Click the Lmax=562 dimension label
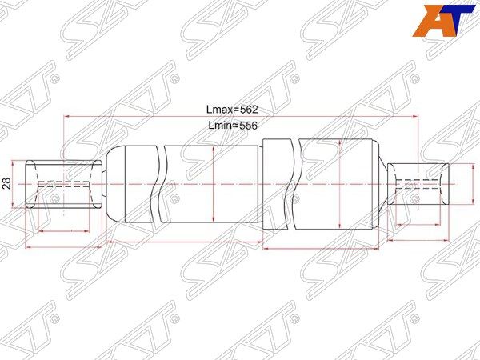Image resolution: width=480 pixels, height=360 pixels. (232, 110)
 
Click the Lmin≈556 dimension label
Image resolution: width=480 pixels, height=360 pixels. (233, 126)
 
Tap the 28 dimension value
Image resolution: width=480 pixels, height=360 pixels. (7, 183)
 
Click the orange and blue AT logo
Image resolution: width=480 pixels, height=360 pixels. (442, 21)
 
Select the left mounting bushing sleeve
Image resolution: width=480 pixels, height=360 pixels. (63, 184)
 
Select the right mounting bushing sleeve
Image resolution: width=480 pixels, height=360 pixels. (418, 184)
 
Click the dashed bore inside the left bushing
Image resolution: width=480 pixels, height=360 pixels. (63, 184)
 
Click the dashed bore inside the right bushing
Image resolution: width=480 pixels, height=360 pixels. (418, 184)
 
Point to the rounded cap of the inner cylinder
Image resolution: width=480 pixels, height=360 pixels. (115, 184)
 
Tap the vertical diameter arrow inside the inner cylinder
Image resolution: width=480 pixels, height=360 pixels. (213, 184)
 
